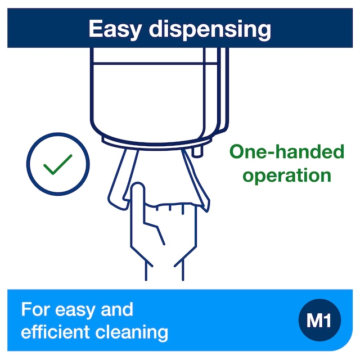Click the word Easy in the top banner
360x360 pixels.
pos(115,29)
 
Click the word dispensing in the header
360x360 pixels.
pos(210,30)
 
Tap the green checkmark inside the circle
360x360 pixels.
pos(57,164)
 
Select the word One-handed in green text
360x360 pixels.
pos(287,151)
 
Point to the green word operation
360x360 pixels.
pos(287,175)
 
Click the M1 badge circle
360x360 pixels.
pos(319,320)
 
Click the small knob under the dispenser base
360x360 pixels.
pos(197,152)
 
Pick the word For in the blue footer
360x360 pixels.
pos(35,309)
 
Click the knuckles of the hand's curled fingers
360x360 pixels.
pos(170,206)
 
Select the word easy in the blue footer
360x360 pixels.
pos(75,311)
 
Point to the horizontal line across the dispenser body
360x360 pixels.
pos(155,63)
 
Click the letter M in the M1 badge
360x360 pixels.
pos(314,321)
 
